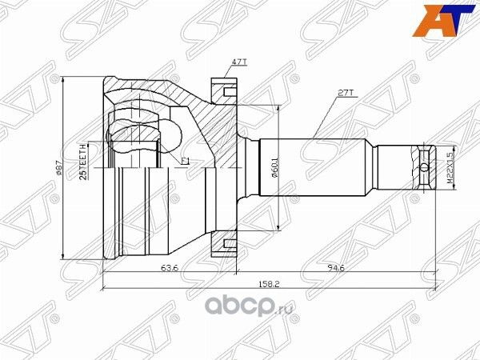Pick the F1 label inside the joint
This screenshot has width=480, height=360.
pyautogui.click(x=185, y=162)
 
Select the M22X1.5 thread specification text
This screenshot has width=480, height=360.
pyautogui.click(x=450, y=166)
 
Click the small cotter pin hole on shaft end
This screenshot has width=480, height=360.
pyautogui.click(x=423, y=166)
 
